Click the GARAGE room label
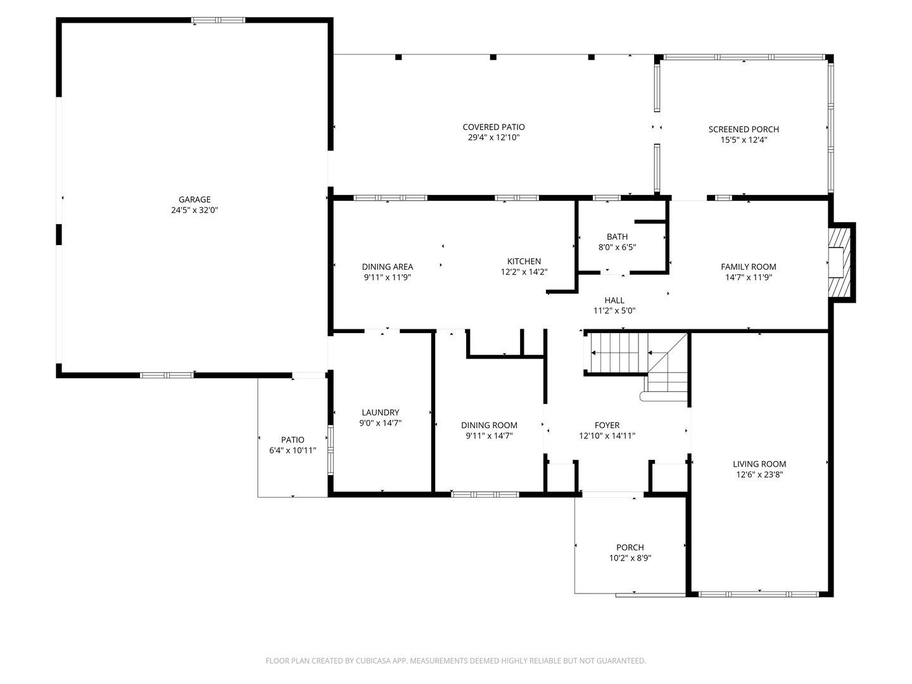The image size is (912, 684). [194, 199]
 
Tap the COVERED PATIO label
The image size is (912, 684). [493, 127]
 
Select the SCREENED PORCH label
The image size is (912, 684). [744, 129]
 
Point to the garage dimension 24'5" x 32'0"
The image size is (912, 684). [194, 210]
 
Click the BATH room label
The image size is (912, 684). [617, 237]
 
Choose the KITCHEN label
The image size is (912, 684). [524, 261]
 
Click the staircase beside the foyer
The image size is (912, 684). [637, 366]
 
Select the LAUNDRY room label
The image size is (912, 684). [380, 412]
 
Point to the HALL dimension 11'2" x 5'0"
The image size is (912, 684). [614, 310]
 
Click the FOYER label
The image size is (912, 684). [607, 425]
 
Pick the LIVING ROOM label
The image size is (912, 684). [759, 464]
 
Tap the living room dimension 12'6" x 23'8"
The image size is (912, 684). [759, 475]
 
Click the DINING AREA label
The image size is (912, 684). [387, 267]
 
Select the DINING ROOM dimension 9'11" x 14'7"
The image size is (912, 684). [489, 436]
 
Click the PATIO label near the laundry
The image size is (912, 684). [293, 440]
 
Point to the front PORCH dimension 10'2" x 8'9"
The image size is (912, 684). [630, 558]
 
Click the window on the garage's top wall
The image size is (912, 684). [218, 20]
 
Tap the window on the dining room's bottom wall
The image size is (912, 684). [485, 495]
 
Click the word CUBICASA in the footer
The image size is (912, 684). [374, 661]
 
